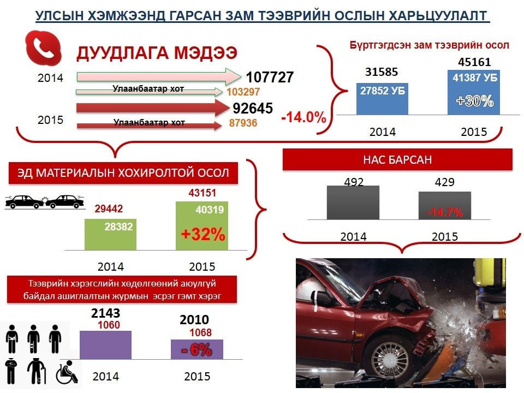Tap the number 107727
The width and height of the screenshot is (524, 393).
pyautogui.click(x=270, y=77)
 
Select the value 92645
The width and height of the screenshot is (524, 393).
pyautogui.click(x=253, y=108)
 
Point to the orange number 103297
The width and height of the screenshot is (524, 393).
pyautogui.click(x=243, y=92)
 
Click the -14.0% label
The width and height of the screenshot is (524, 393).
pyautogui.click(x=304, y=117)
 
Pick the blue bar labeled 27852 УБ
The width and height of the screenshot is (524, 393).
pyautogui.click(x=382, y=99)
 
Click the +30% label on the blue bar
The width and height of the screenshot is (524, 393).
pyautogui.click(x=474, y=100)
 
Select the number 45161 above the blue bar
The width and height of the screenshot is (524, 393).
pyautogui.click(x=474, y=62)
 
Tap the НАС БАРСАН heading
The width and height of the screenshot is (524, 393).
pyautogui.click(x=397, y=160)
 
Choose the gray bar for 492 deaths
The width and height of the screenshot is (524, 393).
pyautogui.click(x=353, y=203)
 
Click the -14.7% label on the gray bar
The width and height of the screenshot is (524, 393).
pyautogui.click(x=445, y=212)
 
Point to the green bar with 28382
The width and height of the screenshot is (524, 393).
pyautogui.click(x=110, y=234)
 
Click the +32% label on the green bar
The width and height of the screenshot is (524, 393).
pyautogui.click(x=203, y=234)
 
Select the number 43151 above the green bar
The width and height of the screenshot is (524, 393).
pyautogui.click(x=202, y=193)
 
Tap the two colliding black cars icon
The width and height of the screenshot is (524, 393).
pyautogui.click(x=44, y=202)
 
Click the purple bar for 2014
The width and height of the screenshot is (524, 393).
pyautogui.click(x=105, y=345)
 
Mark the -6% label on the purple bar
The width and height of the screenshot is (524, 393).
pyautogui.click(x=196, y=350)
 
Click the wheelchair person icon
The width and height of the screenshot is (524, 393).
pyautogui.click(x=67, y=372)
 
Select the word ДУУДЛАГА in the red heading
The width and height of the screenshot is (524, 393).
pyautogui.click(x=122, y=53)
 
